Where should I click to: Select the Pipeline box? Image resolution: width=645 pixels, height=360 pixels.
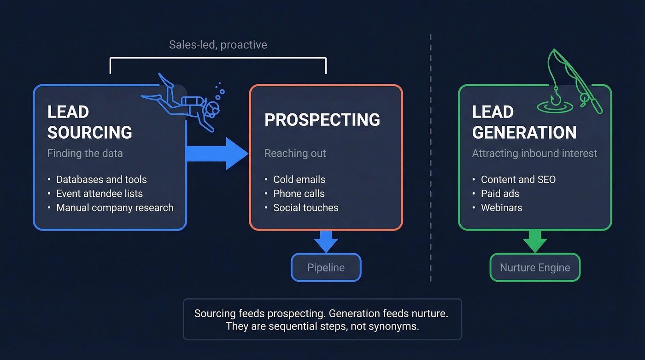pos(326,267)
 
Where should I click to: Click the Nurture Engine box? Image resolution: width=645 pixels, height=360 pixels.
pos(535,267)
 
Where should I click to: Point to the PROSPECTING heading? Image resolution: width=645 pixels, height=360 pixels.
pos(322,119)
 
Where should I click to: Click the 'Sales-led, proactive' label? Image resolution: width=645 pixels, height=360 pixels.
pos(218,45)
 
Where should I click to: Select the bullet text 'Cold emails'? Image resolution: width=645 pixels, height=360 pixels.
pos(299,179)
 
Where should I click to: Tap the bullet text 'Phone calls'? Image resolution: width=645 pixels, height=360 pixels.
pos(299,194)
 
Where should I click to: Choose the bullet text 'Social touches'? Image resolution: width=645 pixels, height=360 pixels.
pos(305,207)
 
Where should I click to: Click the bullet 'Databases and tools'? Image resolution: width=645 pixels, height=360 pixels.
pos(101,179)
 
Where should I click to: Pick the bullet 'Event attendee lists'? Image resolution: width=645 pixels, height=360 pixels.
pos(100,194)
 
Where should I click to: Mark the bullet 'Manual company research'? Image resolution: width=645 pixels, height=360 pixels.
pos(115,207)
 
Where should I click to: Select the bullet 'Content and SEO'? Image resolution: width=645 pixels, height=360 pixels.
pos(518,179)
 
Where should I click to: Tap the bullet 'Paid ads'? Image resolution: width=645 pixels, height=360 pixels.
pos(500,194)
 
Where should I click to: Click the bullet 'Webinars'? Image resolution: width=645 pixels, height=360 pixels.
pos(501,207)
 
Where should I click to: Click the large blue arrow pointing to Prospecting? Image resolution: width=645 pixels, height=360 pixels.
pos(217,153)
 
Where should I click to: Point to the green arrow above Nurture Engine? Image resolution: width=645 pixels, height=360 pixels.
pos(535,241)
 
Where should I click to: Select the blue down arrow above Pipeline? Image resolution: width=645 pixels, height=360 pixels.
pos(326,241)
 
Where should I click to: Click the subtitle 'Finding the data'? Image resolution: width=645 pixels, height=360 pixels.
pos(85,153)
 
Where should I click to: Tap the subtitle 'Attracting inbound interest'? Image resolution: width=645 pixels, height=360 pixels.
pos(534,153)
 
